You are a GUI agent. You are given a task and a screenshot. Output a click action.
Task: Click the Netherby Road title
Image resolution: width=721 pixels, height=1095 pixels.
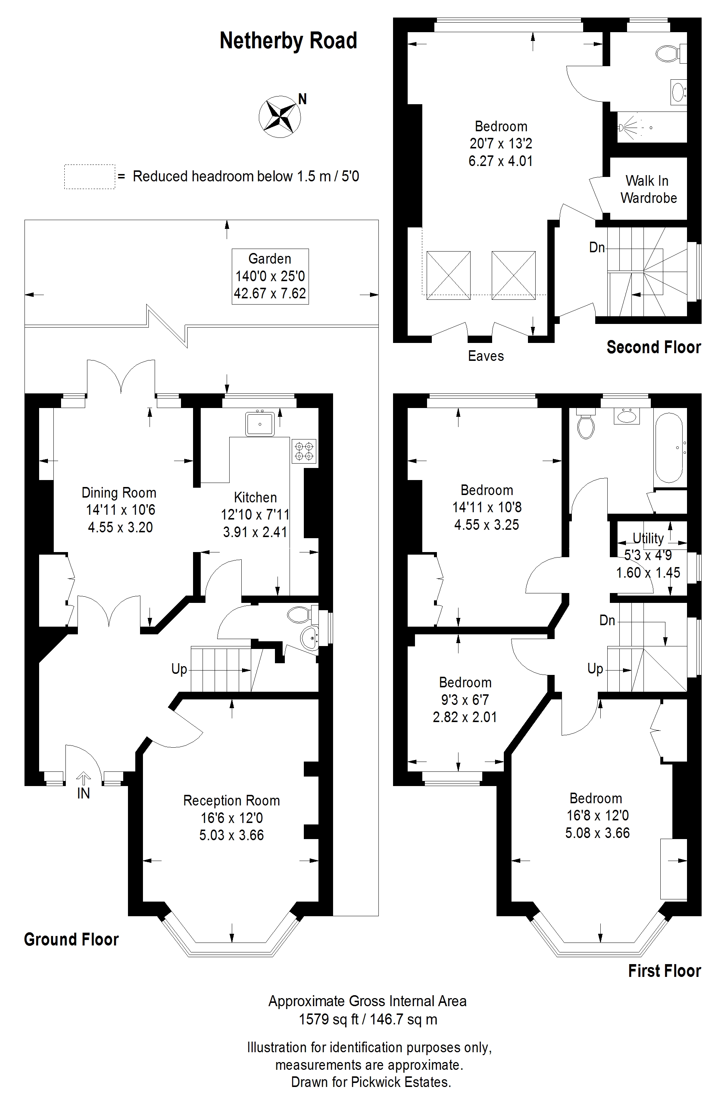coord(288,41)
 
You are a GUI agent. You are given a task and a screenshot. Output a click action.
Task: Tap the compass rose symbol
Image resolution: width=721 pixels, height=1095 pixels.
coord(280,116)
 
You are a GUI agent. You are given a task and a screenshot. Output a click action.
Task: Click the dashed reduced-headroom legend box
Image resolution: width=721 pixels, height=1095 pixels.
coord(89,177)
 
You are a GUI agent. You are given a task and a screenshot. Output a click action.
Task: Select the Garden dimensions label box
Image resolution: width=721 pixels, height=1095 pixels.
coord(270,276)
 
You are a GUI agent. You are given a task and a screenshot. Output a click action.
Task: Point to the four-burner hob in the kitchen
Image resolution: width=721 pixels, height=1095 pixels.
coord(304,451)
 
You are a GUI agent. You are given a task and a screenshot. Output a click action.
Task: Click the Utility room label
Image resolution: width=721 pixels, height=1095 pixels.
coord(648,538)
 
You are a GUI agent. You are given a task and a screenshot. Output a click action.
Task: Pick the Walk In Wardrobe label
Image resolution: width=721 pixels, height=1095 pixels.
coord(648,189)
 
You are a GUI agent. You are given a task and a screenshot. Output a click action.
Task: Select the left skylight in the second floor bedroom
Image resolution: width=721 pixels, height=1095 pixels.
coord(449,276)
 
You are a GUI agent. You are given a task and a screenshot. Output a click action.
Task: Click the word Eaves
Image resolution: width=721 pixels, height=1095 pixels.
coord(486,356)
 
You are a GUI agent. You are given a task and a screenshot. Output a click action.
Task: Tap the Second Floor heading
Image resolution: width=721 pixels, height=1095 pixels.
coord(654,347)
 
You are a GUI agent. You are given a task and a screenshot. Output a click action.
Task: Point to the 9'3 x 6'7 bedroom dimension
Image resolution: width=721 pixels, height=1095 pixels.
coord(465,700)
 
